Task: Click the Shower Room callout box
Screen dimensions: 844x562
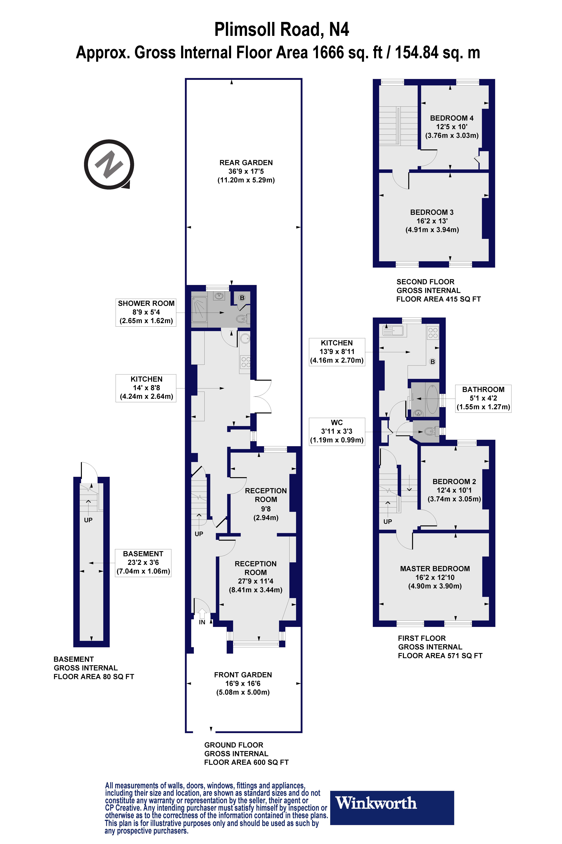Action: pyautogui.click(x=146, y=312)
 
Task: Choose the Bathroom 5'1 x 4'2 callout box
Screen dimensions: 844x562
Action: pyautogui.click(x=483, y=398)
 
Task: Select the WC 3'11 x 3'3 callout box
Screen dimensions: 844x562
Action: pyautogui.click(x=337, y=431)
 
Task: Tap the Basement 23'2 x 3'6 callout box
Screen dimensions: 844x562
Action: pyautogui.click(x=143, y=563)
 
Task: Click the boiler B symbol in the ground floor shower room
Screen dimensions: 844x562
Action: pyautogui.click(x=242, y=298)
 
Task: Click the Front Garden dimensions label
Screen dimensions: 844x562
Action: pyautogui.click(x=243, y=684)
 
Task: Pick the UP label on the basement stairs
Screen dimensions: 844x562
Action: pyautogui.click(x=88, y=520)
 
